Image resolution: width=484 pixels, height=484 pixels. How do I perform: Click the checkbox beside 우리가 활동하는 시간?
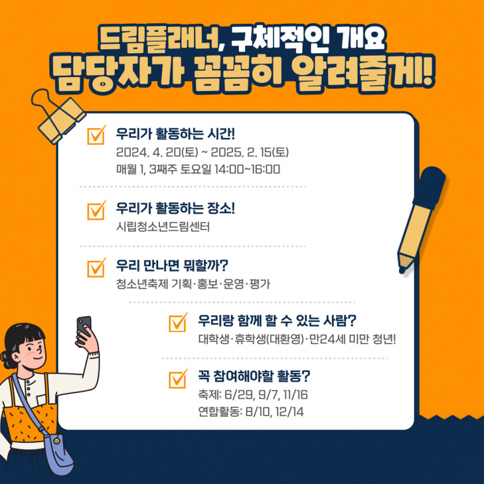96,135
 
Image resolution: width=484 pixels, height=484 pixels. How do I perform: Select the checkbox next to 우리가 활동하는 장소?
96,210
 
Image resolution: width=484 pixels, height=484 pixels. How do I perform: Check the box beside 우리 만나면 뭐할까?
96,268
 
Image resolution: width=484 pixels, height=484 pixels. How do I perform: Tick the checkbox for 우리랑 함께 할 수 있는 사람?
178,322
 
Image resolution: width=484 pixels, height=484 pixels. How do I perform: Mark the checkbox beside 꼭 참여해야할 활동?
178,379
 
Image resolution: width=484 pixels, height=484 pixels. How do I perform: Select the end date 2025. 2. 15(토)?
250,152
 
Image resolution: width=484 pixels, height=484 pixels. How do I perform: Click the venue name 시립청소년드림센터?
163,227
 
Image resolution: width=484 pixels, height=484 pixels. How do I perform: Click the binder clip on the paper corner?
58,117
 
